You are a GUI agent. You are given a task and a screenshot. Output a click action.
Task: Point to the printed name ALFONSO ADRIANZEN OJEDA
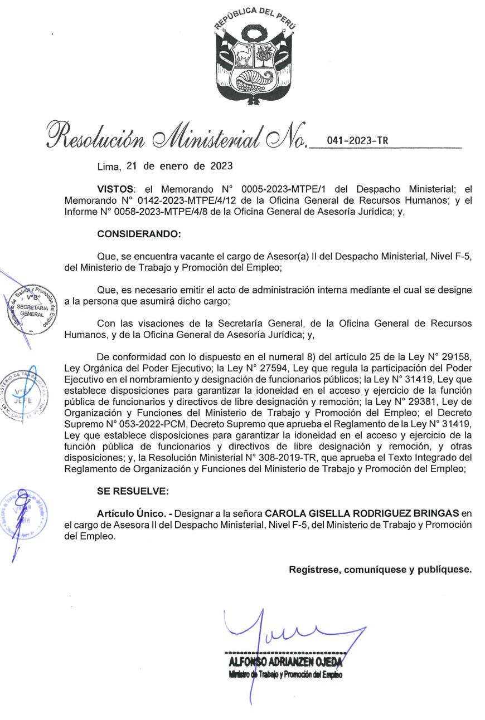[285, 662]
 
